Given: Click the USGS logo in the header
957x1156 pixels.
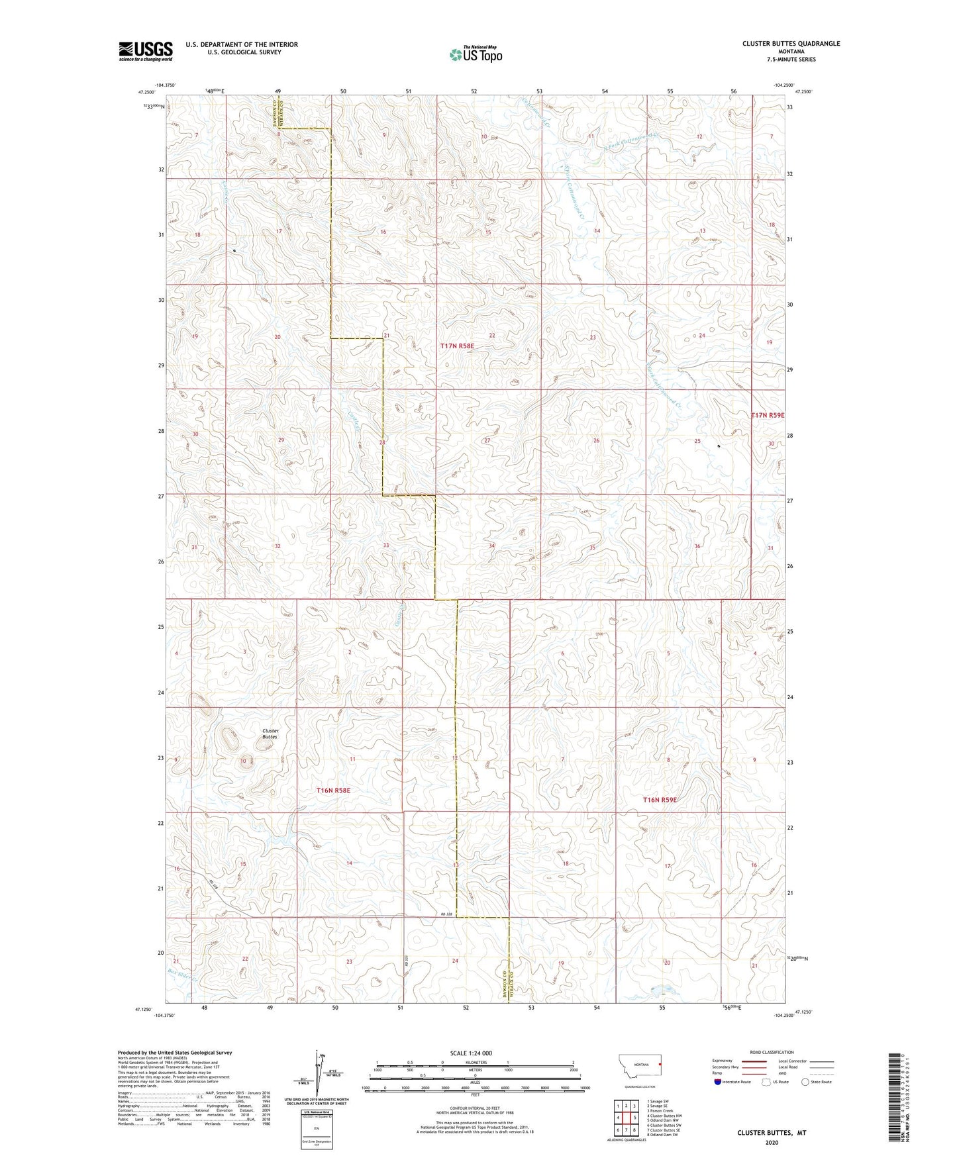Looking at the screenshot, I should point(145,51).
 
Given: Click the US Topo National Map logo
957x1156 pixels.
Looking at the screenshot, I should point(476,54).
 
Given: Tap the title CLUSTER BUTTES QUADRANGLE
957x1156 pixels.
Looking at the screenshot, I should point(791,44).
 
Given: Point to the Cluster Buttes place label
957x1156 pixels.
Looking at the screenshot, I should point(270,734).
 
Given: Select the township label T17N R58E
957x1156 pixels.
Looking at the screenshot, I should point(457,346).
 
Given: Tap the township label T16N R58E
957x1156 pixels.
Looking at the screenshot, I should point(332,791).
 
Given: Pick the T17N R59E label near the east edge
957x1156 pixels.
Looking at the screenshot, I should point(767,415).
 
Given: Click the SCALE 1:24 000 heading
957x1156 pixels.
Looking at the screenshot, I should point(474,1053).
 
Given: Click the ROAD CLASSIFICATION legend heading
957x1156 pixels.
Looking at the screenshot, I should point(771,1052).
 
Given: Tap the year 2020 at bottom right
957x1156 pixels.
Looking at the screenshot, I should point(772,1142).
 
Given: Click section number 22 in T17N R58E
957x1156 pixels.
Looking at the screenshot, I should point(491,336).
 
